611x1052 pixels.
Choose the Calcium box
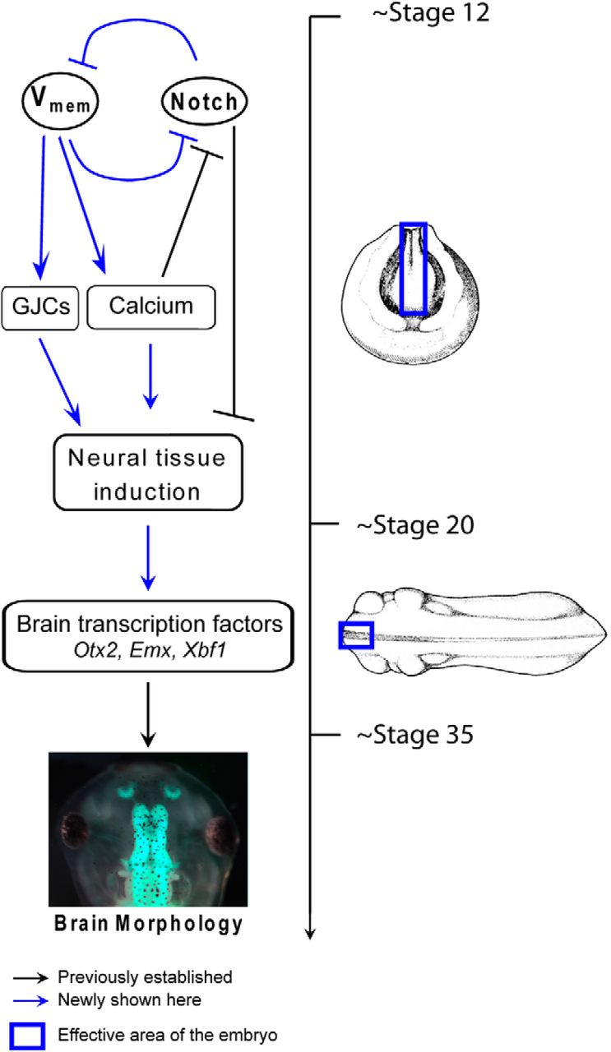tap(151, 307)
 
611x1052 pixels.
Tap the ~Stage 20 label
tap(416, 524)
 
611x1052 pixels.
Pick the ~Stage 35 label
tap(416, 734)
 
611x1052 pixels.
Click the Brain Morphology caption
tap(148, 922)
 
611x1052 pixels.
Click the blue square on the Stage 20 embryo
tap(356, 635)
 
